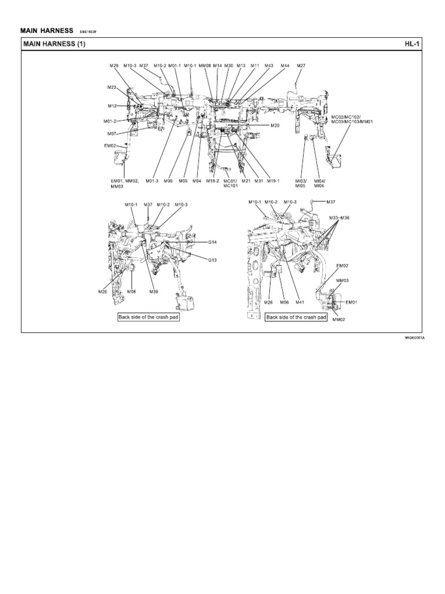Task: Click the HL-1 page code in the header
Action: (x=416, y=45)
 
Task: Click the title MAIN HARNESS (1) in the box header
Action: (x=54, y=45)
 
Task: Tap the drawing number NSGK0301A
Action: (x=415, y=337)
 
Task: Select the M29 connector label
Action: (x=114, y=66)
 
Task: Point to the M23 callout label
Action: (x=112, y=88)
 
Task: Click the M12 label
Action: (x=112, y=106)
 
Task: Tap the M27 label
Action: (x=301, y=66)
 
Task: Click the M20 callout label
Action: (x=275, y=125)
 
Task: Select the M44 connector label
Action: (x=285, y=66)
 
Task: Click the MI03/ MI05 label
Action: (x=300, y=184)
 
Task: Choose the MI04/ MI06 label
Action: (x=319, y=184)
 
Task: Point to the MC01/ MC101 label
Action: (x=231, y=184)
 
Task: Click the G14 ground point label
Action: (x=212, y=241)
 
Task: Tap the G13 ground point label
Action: (x=212, y=260)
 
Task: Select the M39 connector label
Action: (x=154, y=291)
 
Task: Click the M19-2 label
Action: (x=213, y=181)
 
